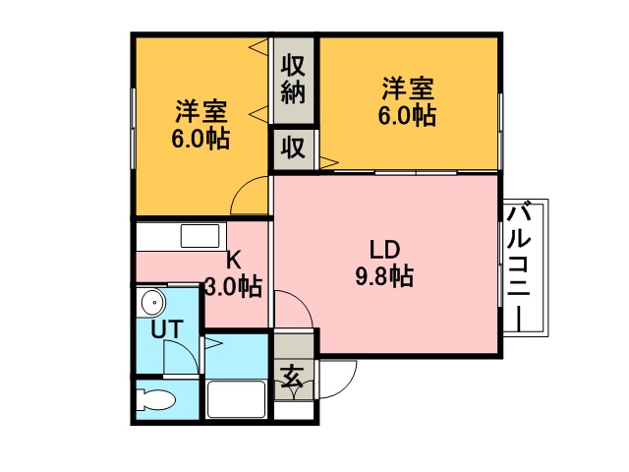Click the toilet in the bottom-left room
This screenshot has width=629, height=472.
click(x=155, y=400)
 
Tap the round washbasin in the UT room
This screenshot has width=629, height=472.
click(x=152, y=302)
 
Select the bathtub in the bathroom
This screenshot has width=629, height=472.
click(x=236, y=399)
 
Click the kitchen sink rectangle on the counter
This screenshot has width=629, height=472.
click(x=200, y=236)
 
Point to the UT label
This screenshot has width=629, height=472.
click(x=167, y=329)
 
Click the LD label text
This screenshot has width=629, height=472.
click(x=384, y=250)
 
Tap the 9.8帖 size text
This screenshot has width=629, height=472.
click(x=384, y=276)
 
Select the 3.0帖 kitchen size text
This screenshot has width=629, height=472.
click(x=234, y=286)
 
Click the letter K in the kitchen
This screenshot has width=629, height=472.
click(x=234, y=260)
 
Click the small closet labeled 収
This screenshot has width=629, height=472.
click(x=293, y=148)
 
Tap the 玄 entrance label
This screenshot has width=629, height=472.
click(x=292, y=377)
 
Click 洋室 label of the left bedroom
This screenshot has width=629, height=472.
click(x=200, y=111)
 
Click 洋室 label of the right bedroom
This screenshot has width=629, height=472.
click(x=408, y=88)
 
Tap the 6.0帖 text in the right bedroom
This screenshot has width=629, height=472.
click(x=407, y=115)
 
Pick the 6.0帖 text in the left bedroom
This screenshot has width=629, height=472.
click(x=200, y=139)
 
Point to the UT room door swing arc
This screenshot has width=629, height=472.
click(x=188, y=348)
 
